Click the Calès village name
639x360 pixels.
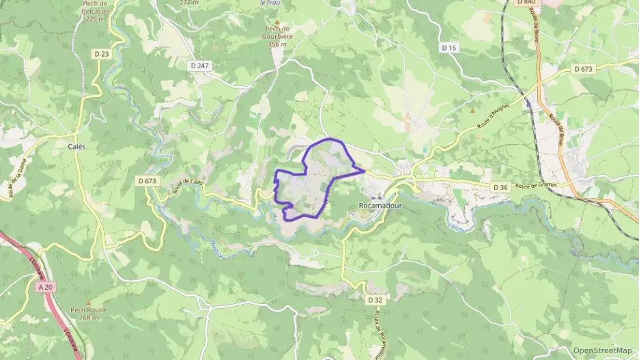pyautogui.click(x=76, y=146)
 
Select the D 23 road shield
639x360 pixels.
pyautogui.click(x=101, y=53)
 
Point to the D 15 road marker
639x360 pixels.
pyautogui.click(x=448, y=48)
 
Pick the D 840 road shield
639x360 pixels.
pyautogui.click(x=525, y=3)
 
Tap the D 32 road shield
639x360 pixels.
pyautogui.click(x=374, y=300)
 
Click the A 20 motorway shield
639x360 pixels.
pyautogui.click(x=46, y=288)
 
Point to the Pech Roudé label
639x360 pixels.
pyautogui.click(x=89, y=309)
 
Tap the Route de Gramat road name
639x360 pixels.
pyautogui.click(x=537, y=185)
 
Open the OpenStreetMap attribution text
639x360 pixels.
pyautogui.click(x=603, y=351)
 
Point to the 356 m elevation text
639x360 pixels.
pyautogui.click(x=276, y=44)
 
